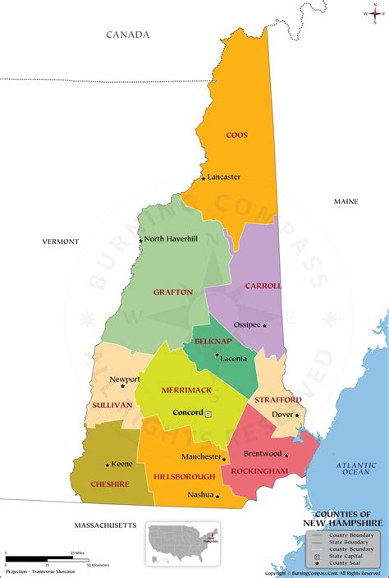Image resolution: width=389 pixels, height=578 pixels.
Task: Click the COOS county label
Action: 236,135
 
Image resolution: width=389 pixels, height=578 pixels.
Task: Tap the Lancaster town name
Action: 224,177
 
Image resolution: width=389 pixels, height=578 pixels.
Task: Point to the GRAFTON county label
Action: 172,291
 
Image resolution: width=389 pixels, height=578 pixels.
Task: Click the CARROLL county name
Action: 263,286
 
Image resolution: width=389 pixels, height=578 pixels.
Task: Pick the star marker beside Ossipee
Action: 264,325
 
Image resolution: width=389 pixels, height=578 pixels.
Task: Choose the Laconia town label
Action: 233,358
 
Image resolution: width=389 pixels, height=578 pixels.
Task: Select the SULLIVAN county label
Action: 112,405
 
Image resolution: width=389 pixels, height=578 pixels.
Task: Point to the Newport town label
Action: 125,379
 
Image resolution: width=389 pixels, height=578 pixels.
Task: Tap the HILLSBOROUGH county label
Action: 185,476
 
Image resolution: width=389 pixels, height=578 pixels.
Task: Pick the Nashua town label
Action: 199,494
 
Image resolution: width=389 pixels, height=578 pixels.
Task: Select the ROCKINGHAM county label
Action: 259,470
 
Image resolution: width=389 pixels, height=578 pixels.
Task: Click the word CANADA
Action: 128,34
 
